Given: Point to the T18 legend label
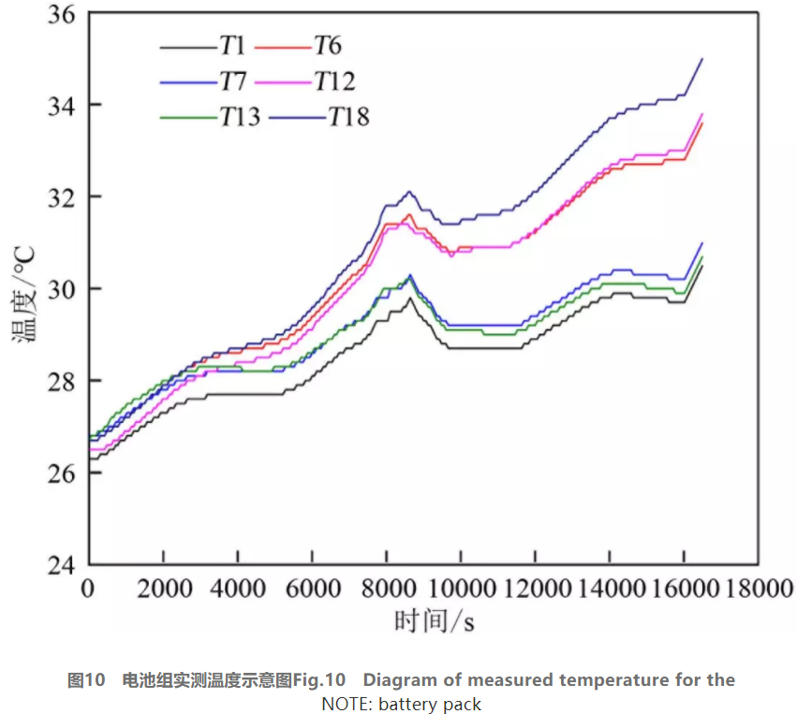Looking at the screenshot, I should point(347,116).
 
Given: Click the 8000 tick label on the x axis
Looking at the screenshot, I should point(385,588).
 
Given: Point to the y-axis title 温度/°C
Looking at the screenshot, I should point(23,290).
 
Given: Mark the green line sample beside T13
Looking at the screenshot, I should point(187,117).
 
